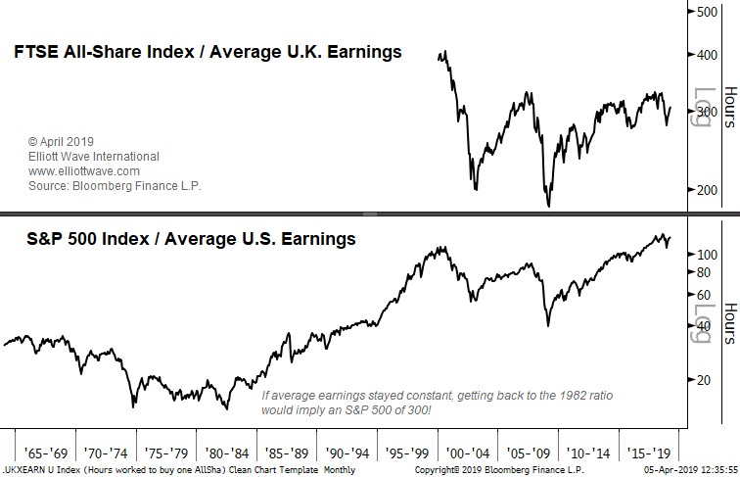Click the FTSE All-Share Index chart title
coord(207,52)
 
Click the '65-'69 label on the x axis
coord(42,454)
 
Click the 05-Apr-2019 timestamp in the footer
coord(685,471)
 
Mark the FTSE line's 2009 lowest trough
coord(548,206)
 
